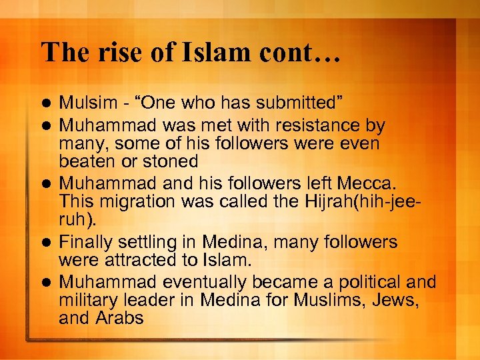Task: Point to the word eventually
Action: pos(198,282)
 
